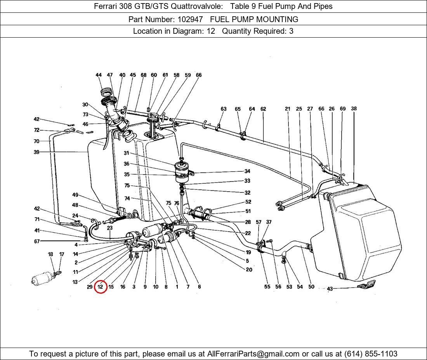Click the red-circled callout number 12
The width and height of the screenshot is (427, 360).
point(100,287)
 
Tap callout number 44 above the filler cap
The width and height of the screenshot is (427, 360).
point(99,75)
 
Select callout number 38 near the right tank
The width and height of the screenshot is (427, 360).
point(354,109)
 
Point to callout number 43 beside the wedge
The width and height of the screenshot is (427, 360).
point(330,289)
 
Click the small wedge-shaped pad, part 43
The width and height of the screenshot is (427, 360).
point(366,285)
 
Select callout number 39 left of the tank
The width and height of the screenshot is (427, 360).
point(36,152)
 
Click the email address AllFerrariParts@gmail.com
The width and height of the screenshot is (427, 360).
point(253,354)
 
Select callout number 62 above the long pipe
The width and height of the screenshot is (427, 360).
point(263,109)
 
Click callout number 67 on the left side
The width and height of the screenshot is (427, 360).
point(36,241)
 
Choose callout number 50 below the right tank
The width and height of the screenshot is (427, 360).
point(311,287)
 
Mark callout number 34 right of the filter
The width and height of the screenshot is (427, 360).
point(247,171)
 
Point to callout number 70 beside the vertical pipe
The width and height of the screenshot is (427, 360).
point(36,141)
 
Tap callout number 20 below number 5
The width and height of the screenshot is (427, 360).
point(249,270)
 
